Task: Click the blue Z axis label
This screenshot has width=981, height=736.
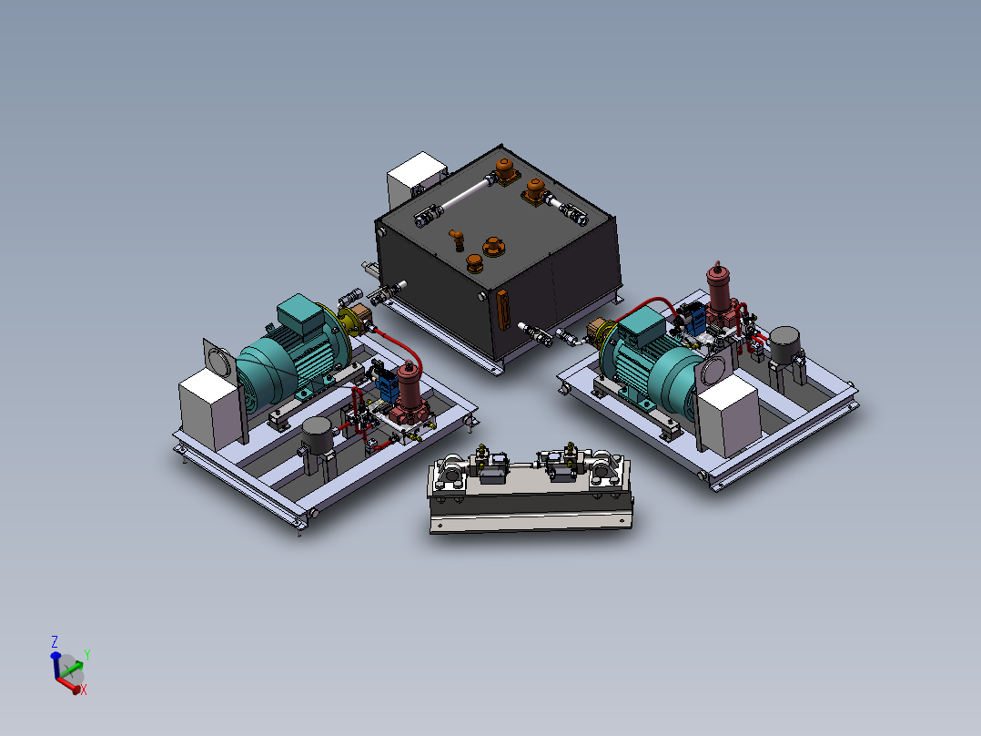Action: click(55, 641)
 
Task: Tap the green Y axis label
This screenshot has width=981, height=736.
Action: click(86, 654)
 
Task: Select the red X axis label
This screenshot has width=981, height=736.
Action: click(84, 690)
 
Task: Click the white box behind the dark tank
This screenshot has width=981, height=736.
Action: click(414, 179)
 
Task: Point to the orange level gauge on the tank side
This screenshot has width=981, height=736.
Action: click(502, 311)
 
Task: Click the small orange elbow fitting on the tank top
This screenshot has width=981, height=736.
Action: click(457, 239)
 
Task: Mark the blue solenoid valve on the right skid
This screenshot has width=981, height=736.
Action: click(693, 316)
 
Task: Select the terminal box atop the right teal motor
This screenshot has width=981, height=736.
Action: click(642, 326)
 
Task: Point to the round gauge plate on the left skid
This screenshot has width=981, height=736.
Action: click(218, 358)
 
